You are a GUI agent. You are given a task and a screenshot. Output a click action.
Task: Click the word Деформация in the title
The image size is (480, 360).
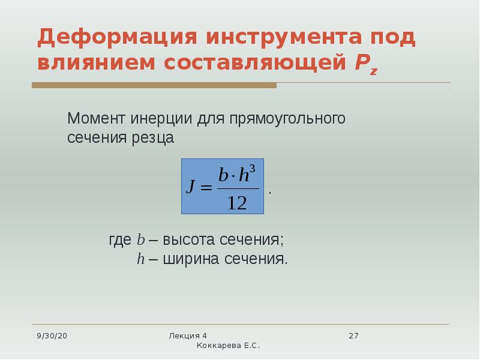[x=117, y=38]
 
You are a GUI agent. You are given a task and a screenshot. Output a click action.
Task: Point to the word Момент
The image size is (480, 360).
[x=96, y=118]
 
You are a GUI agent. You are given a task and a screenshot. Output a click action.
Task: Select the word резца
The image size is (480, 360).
[x=153, y=139]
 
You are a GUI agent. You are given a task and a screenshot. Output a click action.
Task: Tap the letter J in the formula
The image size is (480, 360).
[x=190, y=186]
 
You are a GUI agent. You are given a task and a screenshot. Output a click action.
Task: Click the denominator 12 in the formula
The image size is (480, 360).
[x=237, y=203]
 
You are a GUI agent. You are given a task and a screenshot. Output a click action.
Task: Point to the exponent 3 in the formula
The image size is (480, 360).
[x=253, y=169]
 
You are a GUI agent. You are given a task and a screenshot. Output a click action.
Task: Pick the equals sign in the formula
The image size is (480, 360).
[x=206, y=187]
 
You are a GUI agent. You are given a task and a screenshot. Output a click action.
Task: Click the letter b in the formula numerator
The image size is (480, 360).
[x=223, y=175]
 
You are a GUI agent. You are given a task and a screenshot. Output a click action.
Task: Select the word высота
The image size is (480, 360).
[x=188, y=239]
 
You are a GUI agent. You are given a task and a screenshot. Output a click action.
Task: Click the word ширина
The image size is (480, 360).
[x=191, y=259]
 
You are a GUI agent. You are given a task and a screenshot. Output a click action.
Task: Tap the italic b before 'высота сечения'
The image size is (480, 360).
[x=140, y=239]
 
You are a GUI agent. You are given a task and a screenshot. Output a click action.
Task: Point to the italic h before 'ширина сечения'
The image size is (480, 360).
[x=140, y=259]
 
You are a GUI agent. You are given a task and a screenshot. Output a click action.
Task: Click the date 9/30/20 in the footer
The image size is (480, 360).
[x=52, y=336]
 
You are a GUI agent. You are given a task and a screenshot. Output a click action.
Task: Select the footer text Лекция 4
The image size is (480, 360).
[x=188, y=336]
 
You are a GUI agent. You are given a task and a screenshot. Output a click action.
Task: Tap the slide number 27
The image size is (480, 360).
[x=353, y=336]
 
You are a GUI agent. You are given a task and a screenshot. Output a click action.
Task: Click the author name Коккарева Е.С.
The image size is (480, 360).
[x=228, y=346]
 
